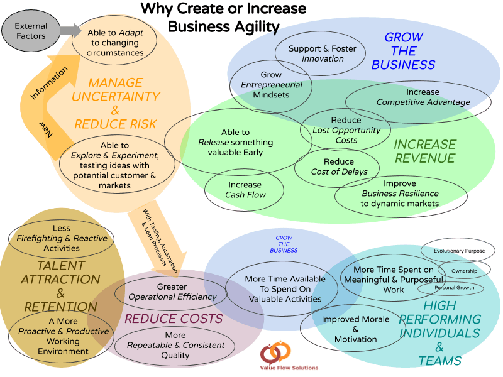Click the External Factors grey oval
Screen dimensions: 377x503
(31, 31)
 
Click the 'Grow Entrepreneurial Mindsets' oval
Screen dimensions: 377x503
(271, 85)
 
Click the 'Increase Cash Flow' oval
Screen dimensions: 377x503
(245, 190)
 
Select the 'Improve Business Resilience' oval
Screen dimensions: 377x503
(400, 194)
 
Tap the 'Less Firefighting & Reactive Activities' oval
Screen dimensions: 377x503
(62, 239)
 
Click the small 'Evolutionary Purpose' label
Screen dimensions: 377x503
(458, 250)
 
